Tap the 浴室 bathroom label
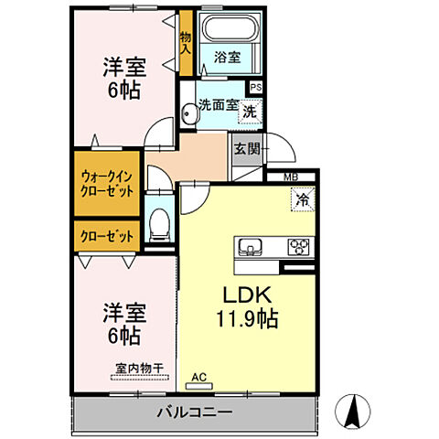[x=228, y=56]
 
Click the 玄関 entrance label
[x=245, y=149]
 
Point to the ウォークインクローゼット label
[x=108, y=185]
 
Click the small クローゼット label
[x=108, y=235]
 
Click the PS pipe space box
[x=255, y=87]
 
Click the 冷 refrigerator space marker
[x=300, y=196]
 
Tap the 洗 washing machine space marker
[x=249, y=108]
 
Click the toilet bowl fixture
[x=159, y=222]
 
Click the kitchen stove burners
[x=298, y=246]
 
